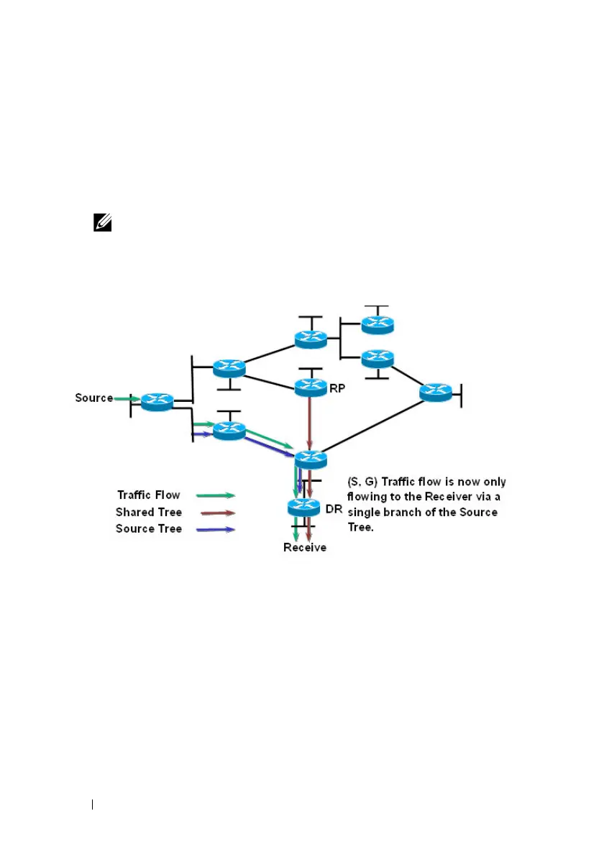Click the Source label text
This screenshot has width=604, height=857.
coord(93,398)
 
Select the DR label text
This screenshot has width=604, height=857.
coord(333,509)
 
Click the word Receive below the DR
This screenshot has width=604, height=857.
coord(304,548)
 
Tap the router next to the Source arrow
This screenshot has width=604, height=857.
coord(156,402)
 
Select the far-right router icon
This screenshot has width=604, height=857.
coord(436,392)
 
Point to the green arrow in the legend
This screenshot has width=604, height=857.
coord(218,495)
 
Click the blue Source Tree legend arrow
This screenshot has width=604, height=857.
coord(218,529)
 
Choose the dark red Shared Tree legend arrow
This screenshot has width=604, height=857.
coord(218,513)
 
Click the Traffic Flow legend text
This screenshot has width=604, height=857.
coord(148,495)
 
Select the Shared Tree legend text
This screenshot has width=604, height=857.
coord(149,512)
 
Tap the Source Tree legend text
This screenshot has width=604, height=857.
coord(149,528)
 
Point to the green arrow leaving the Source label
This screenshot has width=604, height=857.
coord(127,398)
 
